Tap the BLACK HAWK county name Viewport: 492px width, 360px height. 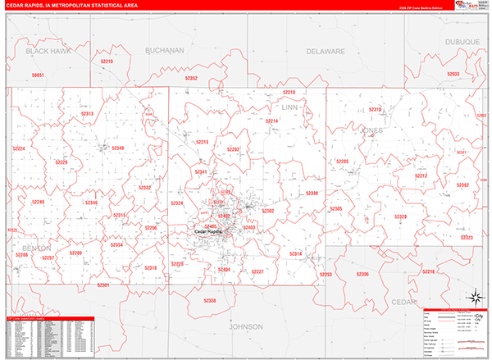(48, 51)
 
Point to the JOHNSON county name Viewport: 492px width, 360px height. (245, 326)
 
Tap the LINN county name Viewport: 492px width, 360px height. (290, 107)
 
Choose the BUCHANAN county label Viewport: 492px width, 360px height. (165, 50)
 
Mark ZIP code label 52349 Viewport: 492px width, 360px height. (117, 148)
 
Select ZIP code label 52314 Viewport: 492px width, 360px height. (295, 254)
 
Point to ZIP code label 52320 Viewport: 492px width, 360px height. (401, 216)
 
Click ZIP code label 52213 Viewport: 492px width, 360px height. (202, 143)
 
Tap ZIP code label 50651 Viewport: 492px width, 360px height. (38, 75)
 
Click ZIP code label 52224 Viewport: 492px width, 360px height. (20, 148)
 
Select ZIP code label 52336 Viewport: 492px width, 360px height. (312, 194)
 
